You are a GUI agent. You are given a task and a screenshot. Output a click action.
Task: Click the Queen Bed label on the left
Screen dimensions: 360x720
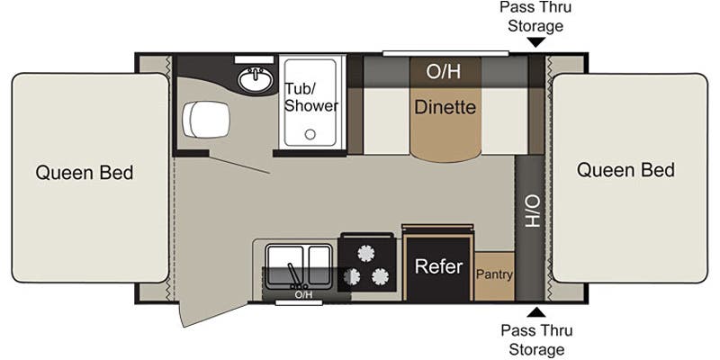coord(85,173)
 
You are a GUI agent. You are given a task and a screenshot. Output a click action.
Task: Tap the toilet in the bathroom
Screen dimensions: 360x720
coord(204,118)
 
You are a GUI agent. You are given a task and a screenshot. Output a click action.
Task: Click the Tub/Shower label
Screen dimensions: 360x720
coord(311,97)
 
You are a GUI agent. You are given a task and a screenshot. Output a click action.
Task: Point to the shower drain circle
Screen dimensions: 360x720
coord(310,135)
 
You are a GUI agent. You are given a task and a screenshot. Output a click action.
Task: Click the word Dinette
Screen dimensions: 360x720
coord(445,107)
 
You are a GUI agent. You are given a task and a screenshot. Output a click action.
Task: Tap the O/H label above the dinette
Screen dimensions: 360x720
coord(445,71)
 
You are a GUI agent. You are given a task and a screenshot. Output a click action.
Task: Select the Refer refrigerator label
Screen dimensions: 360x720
coord(438,267)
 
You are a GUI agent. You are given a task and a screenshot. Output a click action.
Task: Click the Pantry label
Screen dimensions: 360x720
coord(494,273)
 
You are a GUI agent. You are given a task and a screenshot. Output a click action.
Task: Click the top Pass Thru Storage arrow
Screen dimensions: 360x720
coord(535,42)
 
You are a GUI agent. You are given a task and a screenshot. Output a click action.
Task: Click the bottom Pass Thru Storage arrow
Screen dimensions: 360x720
coord(535,312)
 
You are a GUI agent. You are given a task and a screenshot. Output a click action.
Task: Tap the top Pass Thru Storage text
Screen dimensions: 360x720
coord(535,16)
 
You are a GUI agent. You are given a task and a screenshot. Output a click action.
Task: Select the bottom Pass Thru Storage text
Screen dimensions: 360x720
coord(535,340)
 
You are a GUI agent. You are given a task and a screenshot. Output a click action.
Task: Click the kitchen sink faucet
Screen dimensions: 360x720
coord(292,273)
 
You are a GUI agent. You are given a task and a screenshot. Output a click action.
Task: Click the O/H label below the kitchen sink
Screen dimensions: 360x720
coord(303,294)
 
